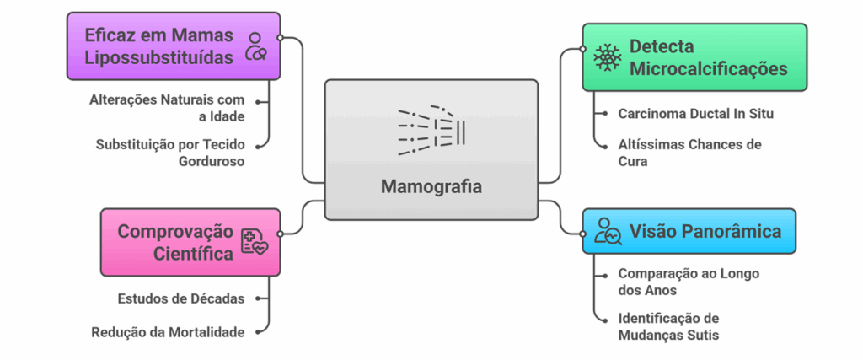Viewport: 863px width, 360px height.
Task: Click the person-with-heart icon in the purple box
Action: coord(255,46)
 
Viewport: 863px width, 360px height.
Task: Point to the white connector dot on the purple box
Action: coord(280,37)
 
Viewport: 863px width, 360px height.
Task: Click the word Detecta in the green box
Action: coord(662,46)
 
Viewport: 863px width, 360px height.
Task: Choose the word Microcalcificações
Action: coord(708,68)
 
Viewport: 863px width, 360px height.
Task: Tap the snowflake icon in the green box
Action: coord(606,57)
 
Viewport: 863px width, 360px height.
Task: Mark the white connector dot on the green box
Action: coord(583,49)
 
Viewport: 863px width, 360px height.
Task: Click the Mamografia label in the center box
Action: coord(431,186)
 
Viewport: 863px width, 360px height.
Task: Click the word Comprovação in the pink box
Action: coord(174,231)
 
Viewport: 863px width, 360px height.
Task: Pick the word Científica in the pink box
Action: coord(195,253)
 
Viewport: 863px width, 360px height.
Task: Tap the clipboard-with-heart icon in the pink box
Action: coord(254,242)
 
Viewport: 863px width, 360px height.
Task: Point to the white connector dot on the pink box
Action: coord(280,234)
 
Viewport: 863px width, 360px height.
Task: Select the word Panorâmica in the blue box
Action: coord(731,231)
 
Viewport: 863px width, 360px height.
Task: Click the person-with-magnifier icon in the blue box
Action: coord(607,231)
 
